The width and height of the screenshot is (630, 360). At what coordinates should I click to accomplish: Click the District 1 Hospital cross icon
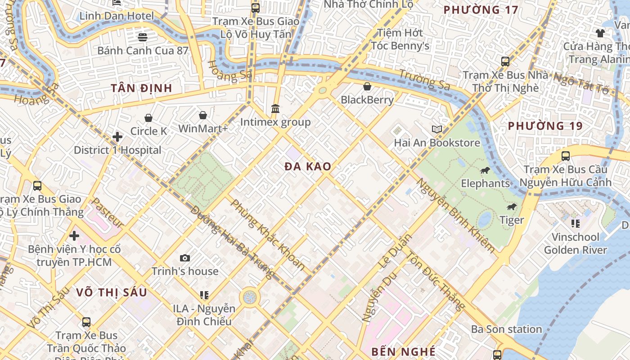117,136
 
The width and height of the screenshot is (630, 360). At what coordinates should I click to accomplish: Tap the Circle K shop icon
148,118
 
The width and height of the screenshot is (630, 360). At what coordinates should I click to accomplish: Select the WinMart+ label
203,129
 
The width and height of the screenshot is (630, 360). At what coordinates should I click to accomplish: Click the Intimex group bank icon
275,109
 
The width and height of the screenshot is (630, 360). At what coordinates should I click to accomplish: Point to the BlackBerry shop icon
367,86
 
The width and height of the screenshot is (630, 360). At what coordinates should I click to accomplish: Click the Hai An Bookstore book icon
437,130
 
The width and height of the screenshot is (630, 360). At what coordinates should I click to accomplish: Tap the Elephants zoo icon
485,170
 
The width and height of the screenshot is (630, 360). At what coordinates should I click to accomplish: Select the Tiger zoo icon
512,207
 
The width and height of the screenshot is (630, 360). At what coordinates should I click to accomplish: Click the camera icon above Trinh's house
185,258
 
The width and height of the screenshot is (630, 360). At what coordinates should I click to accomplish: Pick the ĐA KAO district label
308,166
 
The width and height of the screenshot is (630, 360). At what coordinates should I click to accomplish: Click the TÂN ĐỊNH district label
141,88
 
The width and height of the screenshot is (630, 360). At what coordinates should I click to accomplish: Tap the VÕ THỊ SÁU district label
111,292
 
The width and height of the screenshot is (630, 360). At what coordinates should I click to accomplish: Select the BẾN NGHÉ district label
403,351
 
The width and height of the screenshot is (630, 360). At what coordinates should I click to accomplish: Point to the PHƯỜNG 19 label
545,126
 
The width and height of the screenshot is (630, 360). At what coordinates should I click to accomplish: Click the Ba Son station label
506,329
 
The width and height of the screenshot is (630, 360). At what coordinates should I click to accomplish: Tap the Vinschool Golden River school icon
575,223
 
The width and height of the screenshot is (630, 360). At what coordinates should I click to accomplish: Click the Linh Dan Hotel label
117,16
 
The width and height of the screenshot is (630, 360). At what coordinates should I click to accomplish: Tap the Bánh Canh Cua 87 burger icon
143,37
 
